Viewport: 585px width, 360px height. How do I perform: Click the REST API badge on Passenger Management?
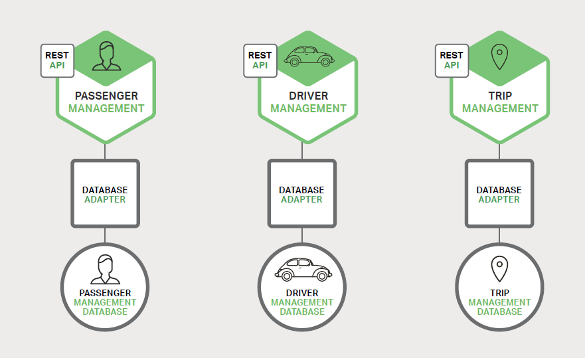click(x=57, y=60)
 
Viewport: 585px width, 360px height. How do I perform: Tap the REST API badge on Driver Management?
click(x=260, y=60)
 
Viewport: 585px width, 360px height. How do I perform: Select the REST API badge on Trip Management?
click(x=452, y=60)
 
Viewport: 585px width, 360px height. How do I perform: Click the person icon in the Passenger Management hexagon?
click(x=106, y=56)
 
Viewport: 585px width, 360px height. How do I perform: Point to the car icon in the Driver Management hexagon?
click(x=309, y=56)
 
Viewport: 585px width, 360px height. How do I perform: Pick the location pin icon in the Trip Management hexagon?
click(x=499, y=56)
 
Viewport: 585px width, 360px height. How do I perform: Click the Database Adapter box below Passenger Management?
click(x=105, y=194)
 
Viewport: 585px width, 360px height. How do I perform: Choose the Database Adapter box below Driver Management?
click(x=302, y=194)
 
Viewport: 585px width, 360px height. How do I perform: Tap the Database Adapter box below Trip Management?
click(x=499, y=194)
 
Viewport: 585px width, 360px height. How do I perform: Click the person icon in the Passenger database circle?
click(x=105, y=270)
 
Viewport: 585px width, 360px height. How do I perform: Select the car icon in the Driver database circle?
click(x=303, y=270)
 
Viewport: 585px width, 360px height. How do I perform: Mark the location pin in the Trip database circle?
click(x=499, y=269)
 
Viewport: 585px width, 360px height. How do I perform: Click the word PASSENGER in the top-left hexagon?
click(x=106, y=96)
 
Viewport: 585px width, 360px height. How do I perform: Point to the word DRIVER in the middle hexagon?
click(x=308, y=96)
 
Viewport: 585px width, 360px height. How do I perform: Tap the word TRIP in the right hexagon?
click(x=499, y=96)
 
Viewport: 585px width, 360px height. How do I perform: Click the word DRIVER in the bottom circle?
click(x=302, y=293)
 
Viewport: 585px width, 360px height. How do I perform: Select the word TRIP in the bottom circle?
click(x=499, y=293)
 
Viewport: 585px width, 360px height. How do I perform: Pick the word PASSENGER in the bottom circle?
click(x=105, y=293)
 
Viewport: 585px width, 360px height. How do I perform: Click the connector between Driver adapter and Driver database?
click(x=302, y=235)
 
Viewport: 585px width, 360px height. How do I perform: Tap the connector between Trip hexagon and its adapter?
click(x=499, y=151)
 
